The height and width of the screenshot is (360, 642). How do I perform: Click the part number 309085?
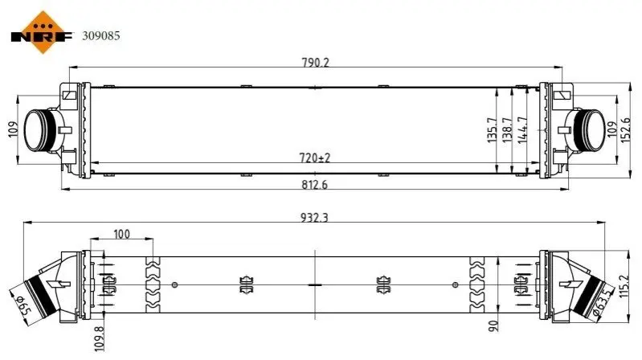[101, 36]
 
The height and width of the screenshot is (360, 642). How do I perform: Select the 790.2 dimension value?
[315, 62]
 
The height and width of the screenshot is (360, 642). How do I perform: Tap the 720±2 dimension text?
[315, 157]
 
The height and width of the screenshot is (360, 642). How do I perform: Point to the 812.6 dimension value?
[314, 185]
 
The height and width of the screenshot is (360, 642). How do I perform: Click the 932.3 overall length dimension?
[315, 217]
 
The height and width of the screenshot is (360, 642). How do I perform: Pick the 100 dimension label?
[121, 234]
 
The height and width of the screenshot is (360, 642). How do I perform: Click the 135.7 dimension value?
[492, 130]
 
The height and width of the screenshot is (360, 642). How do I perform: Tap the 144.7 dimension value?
[522, 130]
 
